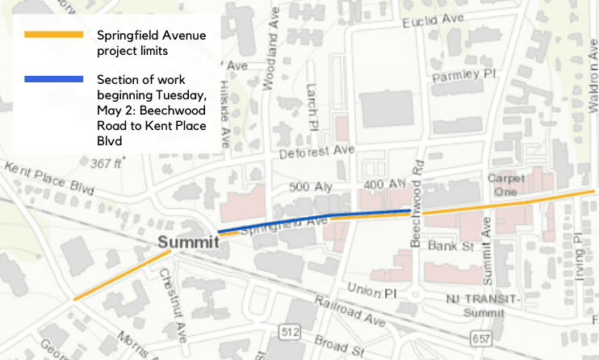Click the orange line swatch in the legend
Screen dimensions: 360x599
click(x=53, y=35)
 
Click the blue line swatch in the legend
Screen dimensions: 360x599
click(x=53, y=79)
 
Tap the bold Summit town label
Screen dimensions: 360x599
click(x=189, y=242)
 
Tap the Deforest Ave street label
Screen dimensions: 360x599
click(x=316, y=151)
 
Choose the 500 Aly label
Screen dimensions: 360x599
click(x=308, y=187)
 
